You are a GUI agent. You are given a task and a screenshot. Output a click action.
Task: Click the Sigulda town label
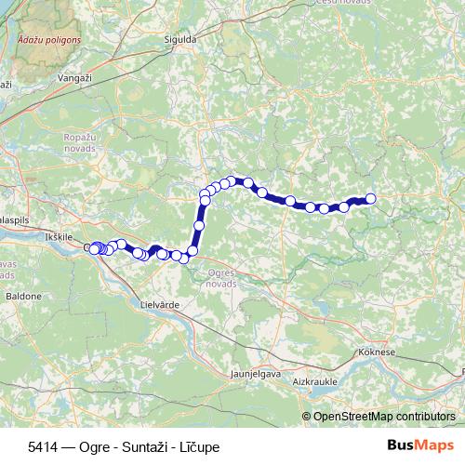pos(180,41)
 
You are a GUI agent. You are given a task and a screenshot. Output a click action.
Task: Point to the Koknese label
pos(377,353)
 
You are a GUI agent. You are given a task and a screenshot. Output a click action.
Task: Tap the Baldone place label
pos(24,296)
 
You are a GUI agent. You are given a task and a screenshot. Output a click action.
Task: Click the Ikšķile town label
pos(58,238)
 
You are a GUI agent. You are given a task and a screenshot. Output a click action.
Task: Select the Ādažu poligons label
pos(49,41)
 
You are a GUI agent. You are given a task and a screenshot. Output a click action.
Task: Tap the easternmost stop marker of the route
pos(370,198)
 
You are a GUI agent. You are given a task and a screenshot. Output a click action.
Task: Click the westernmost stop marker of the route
pos(89,247)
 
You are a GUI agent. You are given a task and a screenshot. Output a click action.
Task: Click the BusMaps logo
pos(421,445)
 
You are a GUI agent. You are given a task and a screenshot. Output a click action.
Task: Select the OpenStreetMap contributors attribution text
pos(383,417)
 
